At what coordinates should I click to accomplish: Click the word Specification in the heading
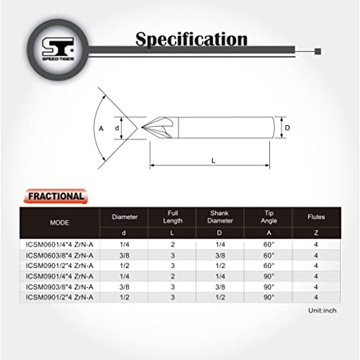[192, 39]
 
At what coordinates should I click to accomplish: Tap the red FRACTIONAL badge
[55, 196]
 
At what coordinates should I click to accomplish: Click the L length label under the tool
[213, 161]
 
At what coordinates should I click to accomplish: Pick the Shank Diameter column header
[220, 217]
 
